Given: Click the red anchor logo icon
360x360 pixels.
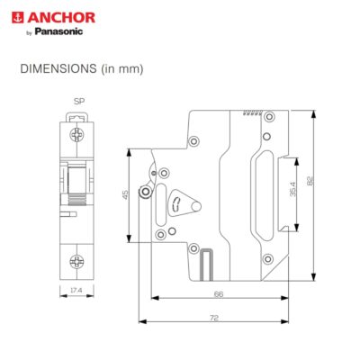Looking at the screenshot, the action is click(18, 17).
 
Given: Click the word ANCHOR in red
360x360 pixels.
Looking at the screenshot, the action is click(61, 18).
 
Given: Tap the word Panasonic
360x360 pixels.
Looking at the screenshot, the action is click(58, 31).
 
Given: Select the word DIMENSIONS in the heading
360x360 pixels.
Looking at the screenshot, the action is click(58, 68).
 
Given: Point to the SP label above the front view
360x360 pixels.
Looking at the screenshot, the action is click(79, 102).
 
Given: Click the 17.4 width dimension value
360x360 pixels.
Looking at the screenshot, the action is click(76, 290).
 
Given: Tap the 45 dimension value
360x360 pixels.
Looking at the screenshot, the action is click(126, 194).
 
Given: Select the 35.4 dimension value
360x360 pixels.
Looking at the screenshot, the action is click(293, 189).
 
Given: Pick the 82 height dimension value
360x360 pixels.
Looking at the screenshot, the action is click(310, 181).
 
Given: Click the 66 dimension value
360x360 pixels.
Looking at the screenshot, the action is click(219, 294).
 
